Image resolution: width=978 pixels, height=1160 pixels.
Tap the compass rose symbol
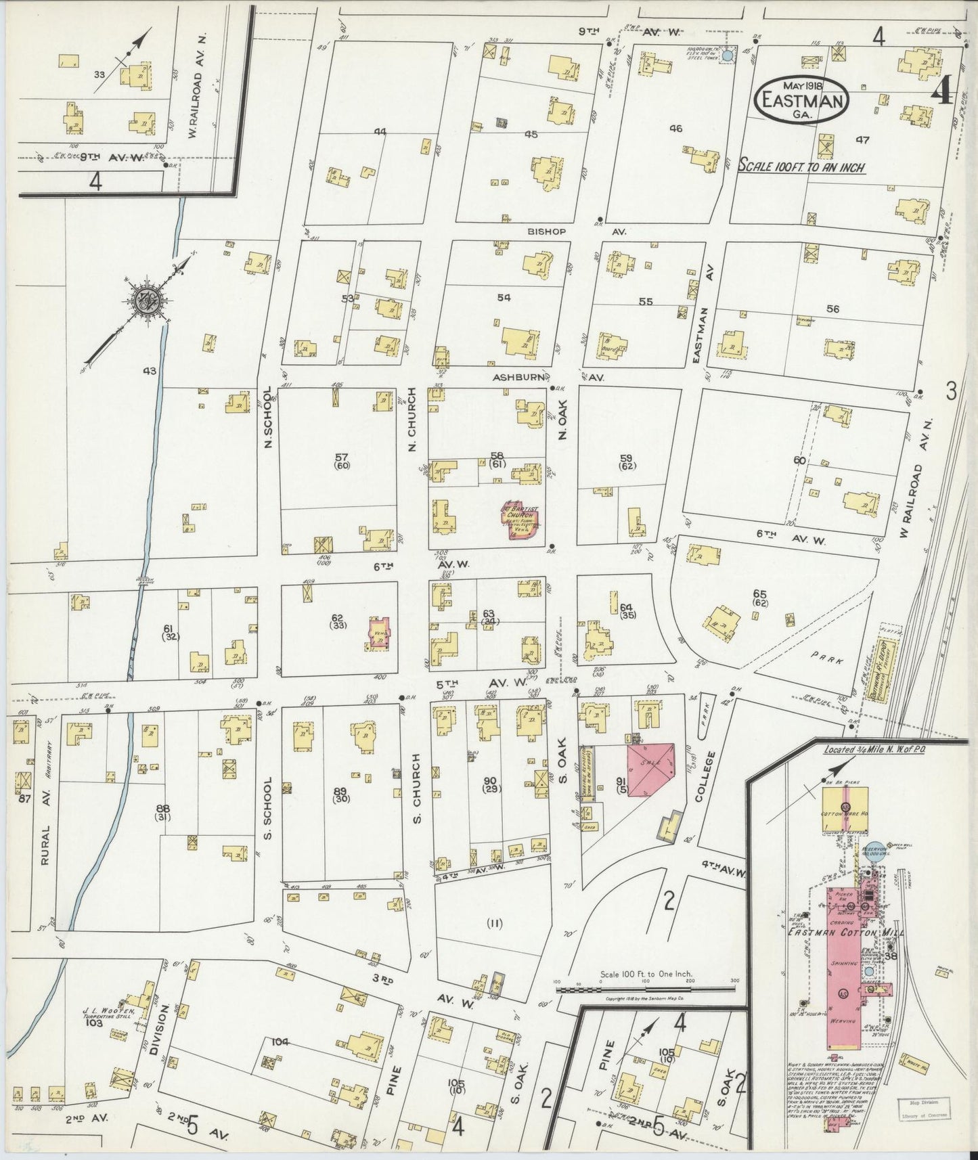coord(146,303)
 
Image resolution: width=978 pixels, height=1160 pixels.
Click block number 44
coord(381,133)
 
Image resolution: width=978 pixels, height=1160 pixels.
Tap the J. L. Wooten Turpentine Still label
coord(108,1012)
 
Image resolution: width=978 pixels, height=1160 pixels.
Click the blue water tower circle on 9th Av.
coord(728,57)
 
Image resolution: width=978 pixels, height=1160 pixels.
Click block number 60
coord(799,461)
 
